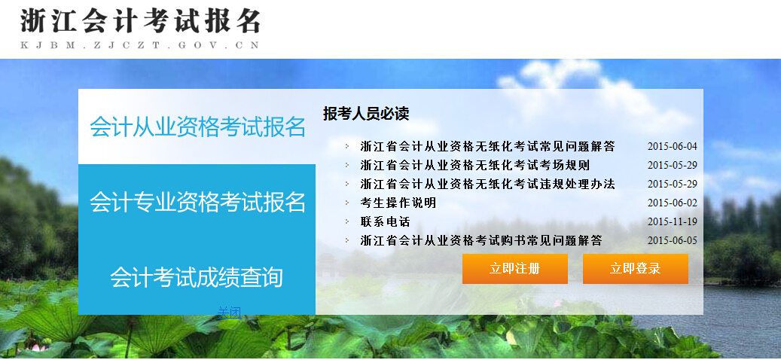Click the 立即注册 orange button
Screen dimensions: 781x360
pos(514,269)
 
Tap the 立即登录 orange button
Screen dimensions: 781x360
pos(635,269)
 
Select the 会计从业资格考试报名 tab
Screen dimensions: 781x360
pos(197,127)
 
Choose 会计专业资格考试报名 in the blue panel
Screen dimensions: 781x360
pos(197,202)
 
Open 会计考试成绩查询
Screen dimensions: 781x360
pos(197,277)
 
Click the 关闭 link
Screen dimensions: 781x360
pos(229,313)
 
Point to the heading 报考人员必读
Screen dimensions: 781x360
pos(365,114)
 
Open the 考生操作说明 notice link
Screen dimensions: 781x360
pos(398,203)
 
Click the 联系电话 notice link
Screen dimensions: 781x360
pos(385,221)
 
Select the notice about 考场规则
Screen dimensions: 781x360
pos(474,165)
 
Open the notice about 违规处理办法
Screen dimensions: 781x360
pos(487,184)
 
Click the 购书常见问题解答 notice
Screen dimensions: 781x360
pos(481,240)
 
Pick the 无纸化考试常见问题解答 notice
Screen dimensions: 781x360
pos(487,146)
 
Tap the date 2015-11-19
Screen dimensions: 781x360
pos(673,221)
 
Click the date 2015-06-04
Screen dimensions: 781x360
pos(673,146)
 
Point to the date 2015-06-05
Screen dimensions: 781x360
pos(673,240)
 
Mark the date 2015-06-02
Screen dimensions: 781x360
pos(673,203)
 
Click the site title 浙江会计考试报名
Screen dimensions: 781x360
pos(140,21)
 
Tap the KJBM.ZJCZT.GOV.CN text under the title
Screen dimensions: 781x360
pos(140,45)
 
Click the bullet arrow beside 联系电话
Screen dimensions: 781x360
pos(347,221)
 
